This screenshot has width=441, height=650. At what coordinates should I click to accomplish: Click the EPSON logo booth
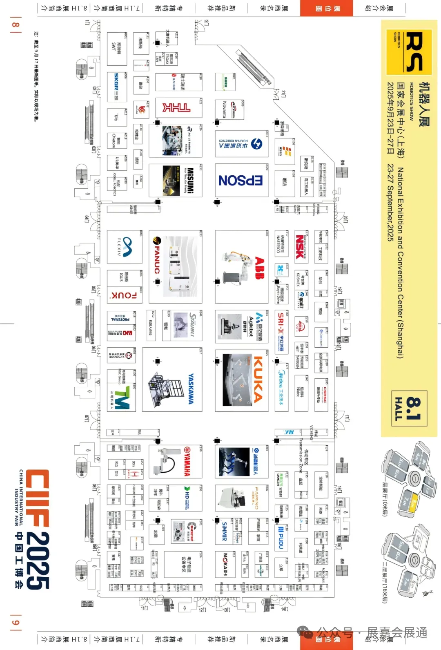(x=241, y=180)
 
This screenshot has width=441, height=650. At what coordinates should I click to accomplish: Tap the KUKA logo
(x=258, y=380)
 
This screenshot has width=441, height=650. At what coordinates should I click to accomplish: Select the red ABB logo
(x=260, y=268)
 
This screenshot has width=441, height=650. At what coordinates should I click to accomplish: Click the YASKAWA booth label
(x=191, y=389)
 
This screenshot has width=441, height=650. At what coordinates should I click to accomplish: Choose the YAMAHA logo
(x=187, y=461)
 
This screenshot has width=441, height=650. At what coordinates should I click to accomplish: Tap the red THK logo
(x=176, y=107)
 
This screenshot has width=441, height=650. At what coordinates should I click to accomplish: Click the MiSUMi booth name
(x=190, y=180)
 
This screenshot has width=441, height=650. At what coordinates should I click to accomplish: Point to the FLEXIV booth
(x=125, y=247)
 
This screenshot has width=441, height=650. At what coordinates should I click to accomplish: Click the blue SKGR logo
(x=116, y=87)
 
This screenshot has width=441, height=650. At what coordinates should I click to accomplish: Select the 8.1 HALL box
(x=410, y=409)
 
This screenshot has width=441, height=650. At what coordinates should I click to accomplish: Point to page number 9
(x=15, y=623)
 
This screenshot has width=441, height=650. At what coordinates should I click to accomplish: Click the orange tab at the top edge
(x=326, y=8)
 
